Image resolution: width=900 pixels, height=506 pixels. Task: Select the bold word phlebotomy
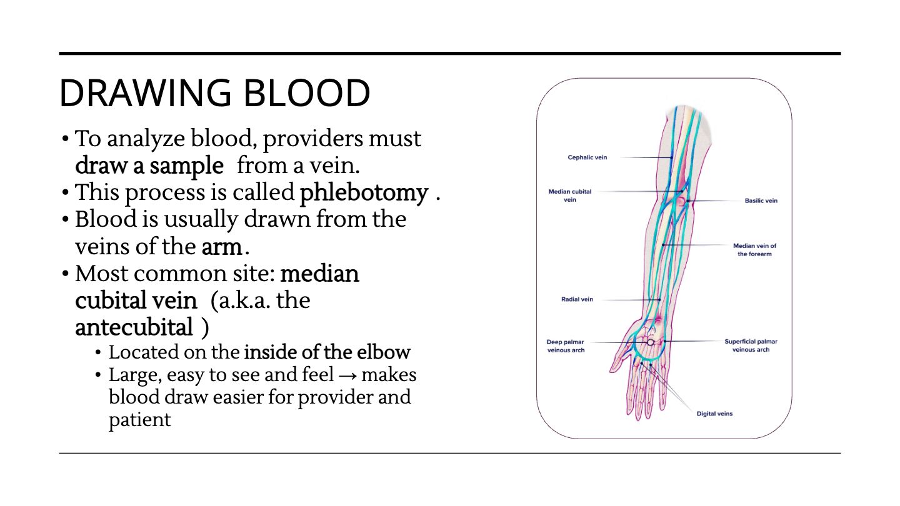click(x=364, y=193)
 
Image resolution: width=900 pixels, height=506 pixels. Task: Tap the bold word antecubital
click(x=134, y=327)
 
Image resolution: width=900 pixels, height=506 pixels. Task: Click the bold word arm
click(x=222, y=247)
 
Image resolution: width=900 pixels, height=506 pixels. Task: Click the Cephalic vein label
click(x=587, y=157)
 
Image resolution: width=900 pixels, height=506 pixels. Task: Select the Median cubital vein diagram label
click(x=569, y=196)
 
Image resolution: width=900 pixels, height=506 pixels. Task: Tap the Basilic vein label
click(x=761, y=201)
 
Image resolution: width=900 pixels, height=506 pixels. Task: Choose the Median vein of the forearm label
click(x=754, y=250)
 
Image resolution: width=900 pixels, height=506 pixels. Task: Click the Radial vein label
click(x=577, y=299)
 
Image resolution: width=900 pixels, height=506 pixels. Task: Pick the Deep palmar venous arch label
click(x=566, y=346)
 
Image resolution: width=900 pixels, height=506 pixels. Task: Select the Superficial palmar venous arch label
click(x=751, y=345)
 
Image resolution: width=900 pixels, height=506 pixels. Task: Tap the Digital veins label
click(x=714, y=414)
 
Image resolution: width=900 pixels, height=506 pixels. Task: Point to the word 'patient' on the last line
click(x=140, y=420)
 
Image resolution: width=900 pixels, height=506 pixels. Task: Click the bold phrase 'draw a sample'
click(x=149, y=166)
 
